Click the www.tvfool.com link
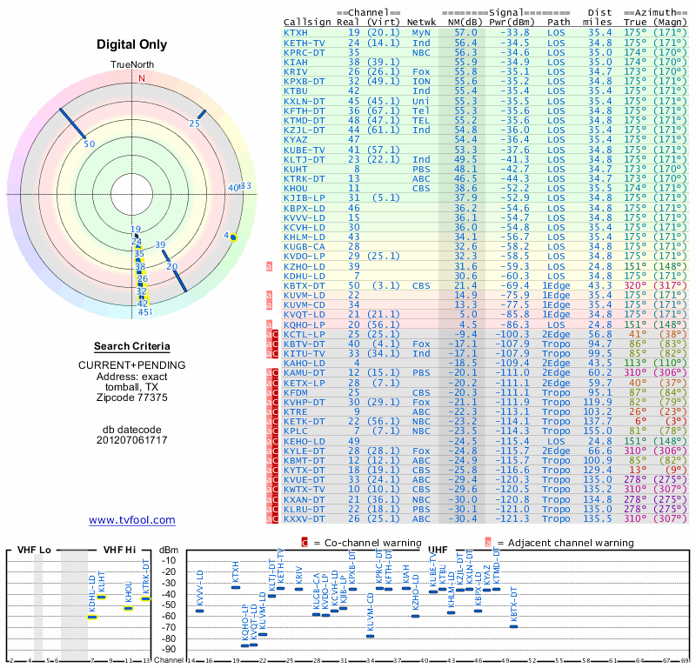[131, 520]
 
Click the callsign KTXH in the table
[296, 32]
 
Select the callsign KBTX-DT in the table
[304, 284]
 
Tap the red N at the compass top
[141, 77]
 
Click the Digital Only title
[131, 44]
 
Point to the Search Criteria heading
[131, 346]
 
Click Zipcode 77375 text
[131, 397]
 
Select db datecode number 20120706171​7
[131, 440]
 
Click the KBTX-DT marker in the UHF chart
[513, 626]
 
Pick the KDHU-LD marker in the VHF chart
[92, 616]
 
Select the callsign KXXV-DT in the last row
[304, 519]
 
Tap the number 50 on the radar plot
[89, 144]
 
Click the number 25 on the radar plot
[194, 124]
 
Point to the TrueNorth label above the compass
[131, 65]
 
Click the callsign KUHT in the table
[296, 168]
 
